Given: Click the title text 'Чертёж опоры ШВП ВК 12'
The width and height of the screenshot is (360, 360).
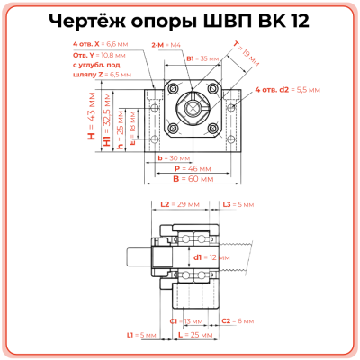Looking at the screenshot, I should (179, 21).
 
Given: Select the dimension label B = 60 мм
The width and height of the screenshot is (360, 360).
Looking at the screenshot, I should (189, 178).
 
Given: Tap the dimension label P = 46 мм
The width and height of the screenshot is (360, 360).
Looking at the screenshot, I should (189, 167).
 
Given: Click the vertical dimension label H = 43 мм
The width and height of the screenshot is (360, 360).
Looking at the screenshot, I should (91, 124).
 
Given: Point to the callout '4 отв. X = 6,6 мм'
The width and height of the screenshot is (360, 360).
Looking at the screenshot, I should (98, 43).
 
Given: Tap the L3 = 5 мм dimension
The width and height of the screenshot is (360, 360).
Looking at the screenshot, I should (237, 205).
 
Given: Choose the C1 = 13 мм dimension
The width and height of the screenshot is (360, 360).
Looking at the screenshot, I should (186, 320).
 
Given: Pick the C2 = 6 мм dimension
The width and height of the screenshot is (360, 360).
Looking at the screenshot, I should (238, 320).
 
